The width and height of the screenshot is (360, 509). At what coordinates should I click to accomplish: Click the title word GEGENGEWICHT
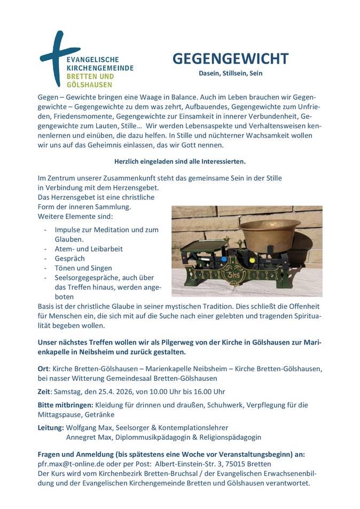[230, 59]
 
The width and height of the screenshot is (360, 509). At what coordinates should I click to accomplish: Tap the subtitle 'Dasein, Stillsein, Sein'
[230, 73]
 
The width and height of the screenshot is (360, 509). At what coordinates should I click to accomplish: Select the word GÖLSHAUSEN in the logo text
[89, 84]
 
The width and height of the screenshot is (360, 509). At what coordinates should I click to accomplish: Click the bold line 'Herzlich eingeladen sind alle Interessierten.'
[180, 161]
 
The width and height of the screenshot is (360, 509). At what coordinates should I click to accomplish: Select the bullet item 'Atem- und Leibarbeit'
[89, 248]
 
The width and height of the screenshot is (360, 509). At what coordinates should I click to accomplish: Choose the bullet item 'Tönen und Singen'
[83, 268]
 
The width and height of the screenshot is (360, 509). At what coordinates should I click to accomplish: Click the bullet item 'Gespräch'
[70, 258]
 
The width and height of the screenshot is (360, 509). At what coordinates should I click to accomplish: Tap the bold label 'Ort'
[43, 369]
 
